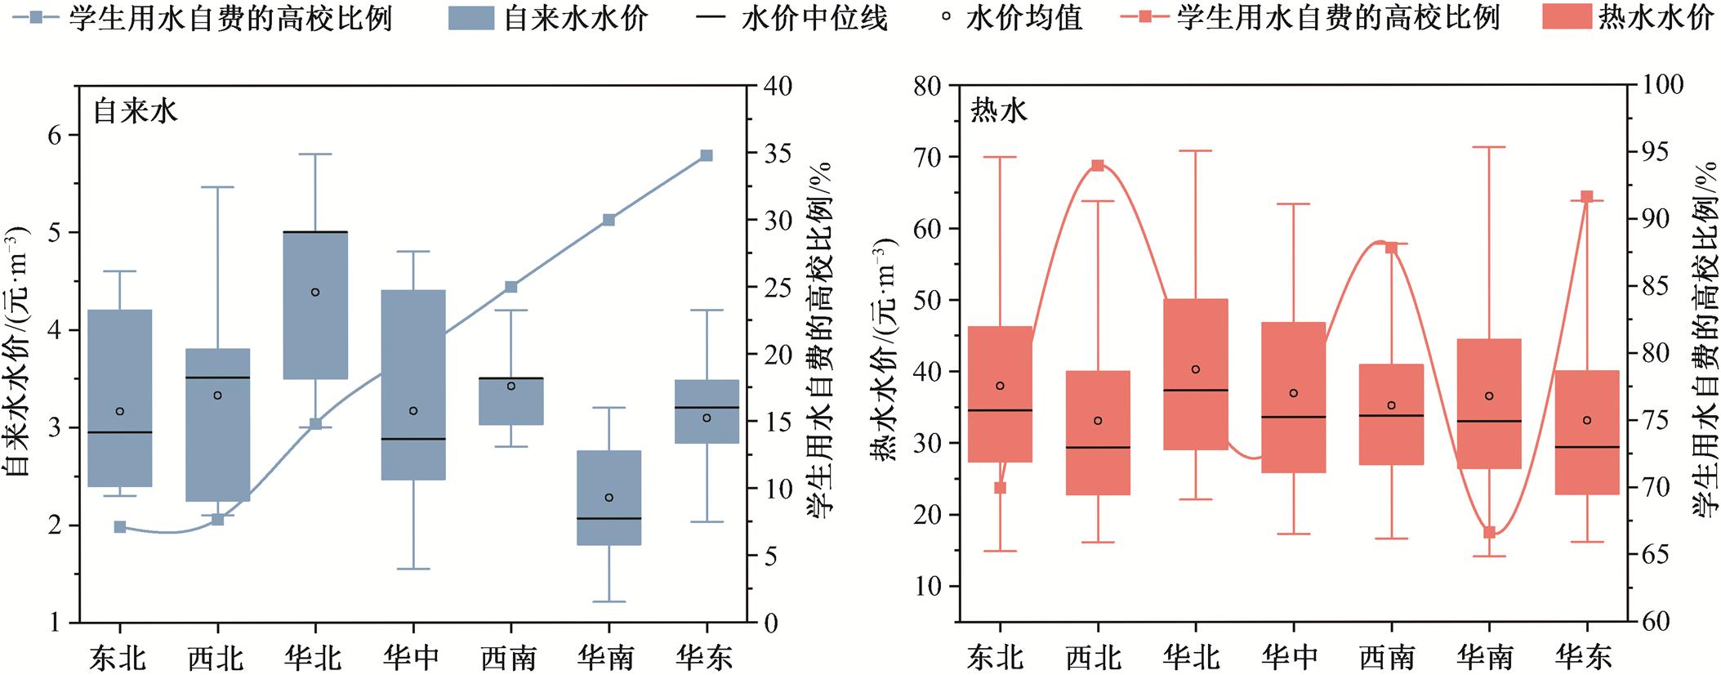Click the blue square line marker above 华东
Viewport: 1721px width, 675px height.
pyautogui.click(x=707, y=155)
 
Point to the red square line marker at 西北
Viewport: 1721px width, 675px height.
pyautogui.click(x=1098, y=166)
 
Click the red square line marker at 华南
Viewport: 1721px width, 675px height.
pyautogui.click(x=1489, y=532)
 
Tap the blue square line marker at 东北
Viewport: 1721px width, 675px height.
pyautogui.click(x=120, y=526)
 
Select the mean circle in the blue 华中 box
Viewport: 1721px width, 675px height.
pyautogui.click(x=413, y=410)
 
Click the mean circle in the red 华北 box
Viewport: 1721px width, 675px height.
pyautogui.click(x=1196, y=369)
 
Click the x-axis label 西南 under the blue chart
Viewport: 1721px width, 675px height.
pyautogui.click(x=511, y=656)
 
